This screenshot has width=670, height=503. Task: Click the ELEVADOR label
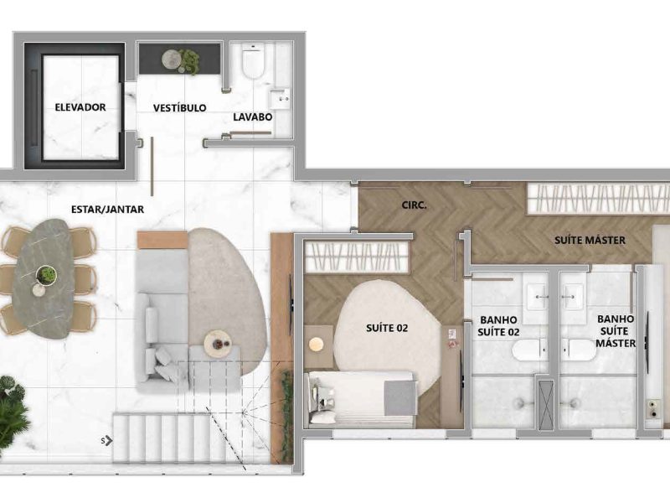(80, 107)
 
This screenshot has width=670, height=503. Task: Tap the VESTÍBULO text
(179, 108)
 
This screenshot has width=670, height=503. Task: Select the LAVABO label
(253, 117)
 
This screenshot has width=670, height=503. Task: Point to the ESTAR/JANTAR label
(107, 209)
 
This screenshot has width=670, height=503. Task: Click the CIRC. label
(414, 205)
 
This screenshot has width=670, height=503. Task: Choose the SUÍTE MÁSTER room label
(590, 240)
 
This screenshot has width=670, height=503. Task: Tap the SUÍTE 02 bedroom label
(387, 328)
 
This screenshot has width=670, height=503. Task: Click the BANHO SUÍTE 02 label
(498, 325)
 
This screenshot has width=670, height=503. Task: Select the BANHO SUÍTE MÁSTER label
(616, 331)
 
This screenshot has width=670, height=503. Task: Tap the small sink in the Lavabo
(280, 98)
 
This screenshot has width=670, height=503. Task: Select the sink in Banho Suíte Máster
(572, 296)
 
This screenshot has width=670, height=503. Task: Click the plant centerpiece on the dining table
(46, 275)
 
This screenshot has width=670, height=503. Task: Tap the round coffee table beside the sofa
(218, 344)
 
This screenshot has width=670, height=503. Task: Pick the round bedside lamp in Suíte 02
(317, 345)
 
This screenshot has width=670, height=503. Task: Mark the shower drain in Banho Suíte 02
(520, 402)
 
